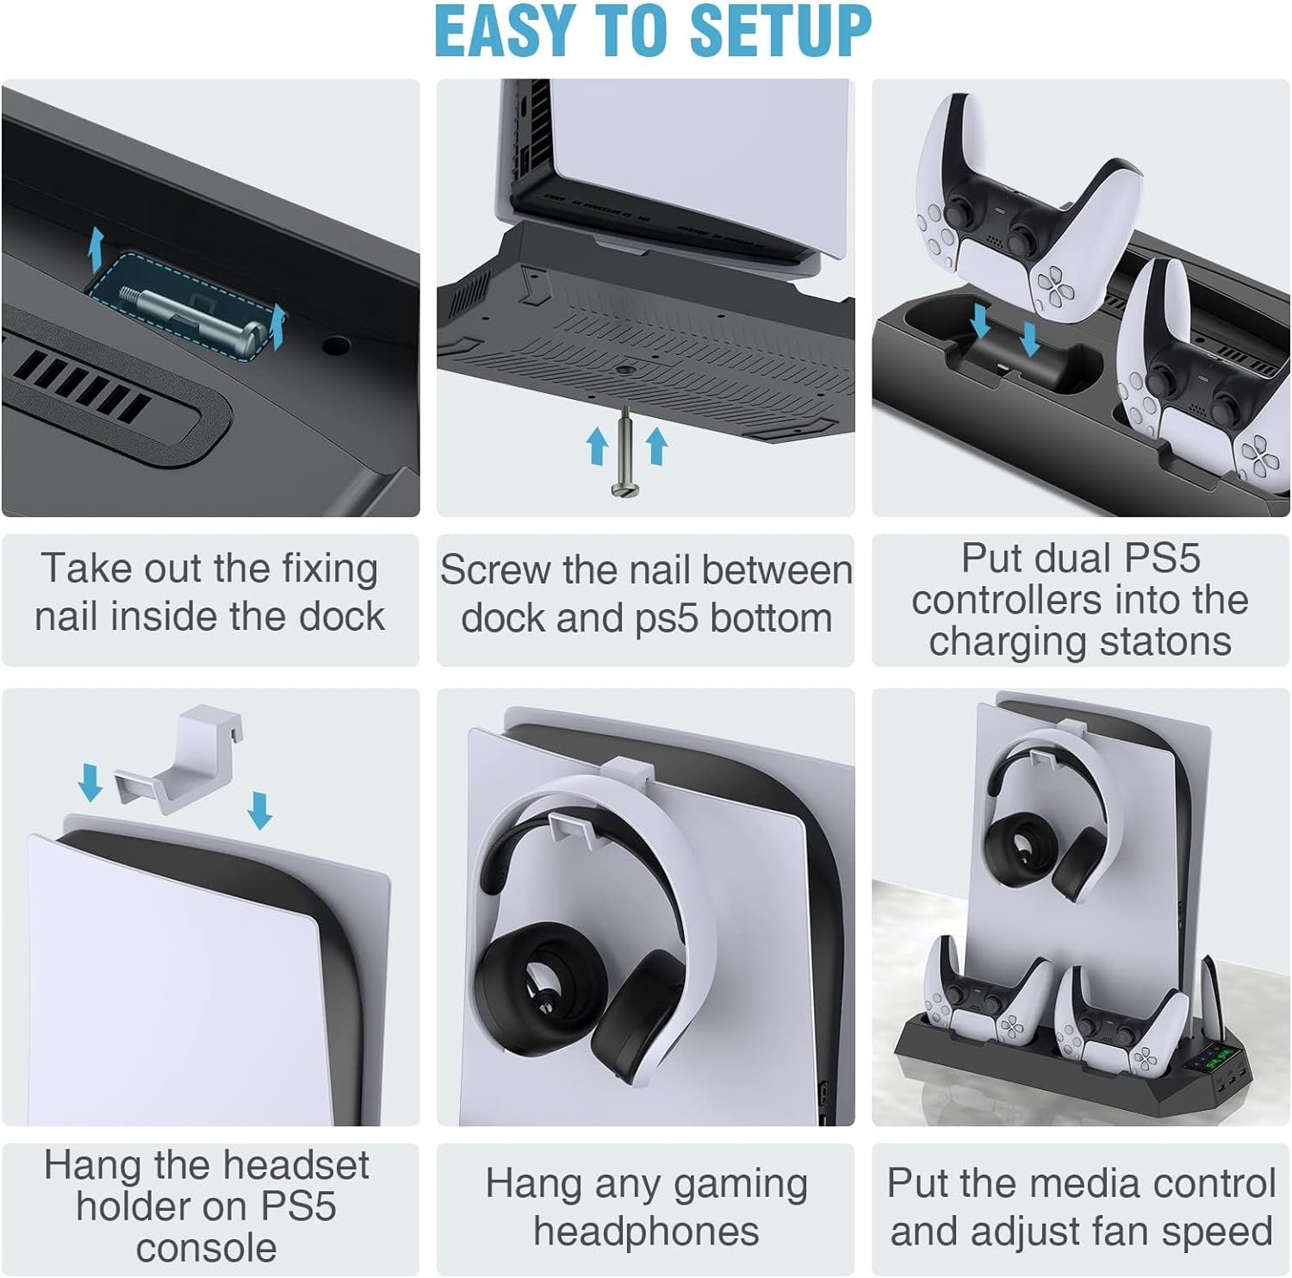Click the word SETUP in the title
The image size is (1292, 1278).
click(780, 30)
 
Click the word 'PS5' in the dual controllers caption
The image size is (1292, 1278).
click(1158, 558)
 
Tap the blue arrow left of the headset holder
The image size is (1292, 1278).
click(90, 782)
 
